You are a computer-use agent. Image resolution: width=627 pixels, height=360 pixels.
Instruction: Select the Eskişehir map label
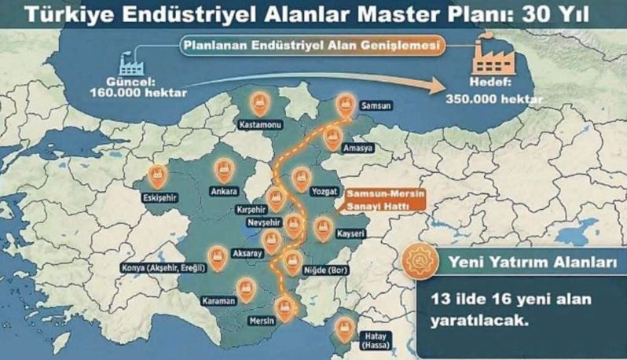(159, 197)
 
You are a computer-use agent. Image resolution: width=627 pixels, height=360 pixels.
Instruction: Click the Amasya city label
(356, 147)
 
